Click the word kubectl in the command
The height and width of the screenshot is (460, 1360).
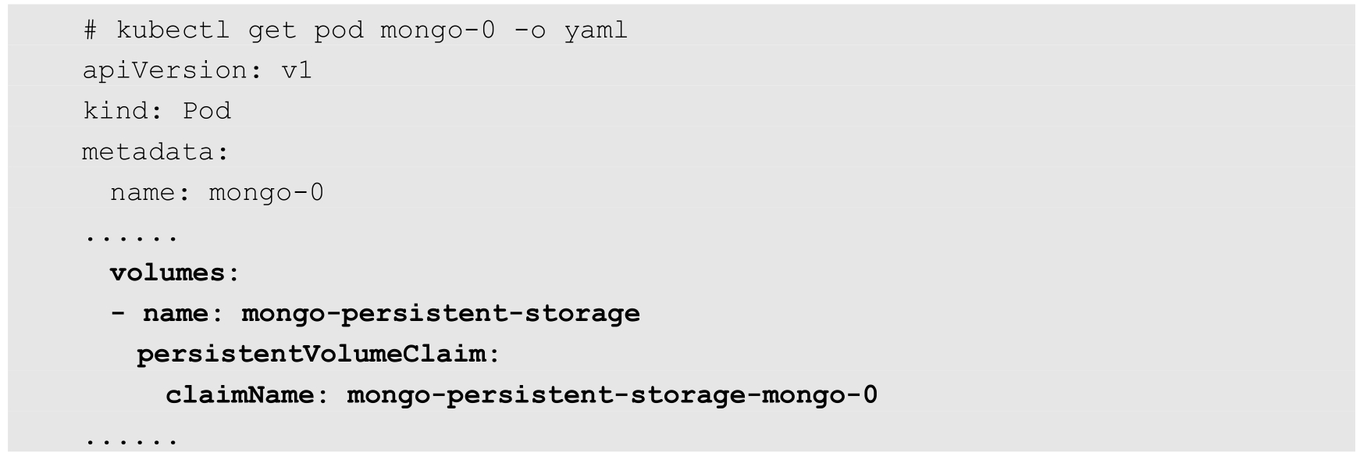[173, 30]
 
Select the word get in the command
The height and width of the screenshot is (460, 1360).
[272, 30]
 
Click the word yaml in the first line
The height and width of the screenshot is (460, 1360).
[595, 30]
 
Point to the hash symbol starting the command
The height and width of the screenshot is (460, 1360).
[91, 30]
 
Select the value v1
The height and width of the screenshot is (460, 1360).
[297, 71]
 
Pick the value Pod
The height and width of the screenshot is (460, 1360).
[207, 111]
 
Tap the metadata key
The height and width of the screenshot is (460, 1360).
[148, 152]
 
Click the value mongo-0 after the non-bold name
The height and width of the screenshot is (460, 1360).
[265, 192]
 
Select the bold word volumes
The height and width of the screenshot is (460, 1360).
[167, 273]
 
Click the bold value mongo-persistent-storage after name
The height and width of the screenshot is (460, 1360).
[440, 313]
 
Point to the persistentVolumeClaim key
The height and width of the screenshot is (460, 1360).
[311, 354]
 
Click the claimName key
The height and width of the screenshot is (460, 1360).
[239, 394]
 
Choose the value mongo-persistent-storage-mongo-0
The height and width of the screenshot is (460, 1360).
[612, 394]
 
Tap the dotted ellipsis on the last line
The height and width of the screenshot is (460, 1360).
[131, 442]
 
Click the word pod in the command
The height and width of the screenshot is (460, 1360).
[338, 30]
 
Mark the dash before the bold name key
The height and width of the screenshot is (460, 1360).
[118, 313]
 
